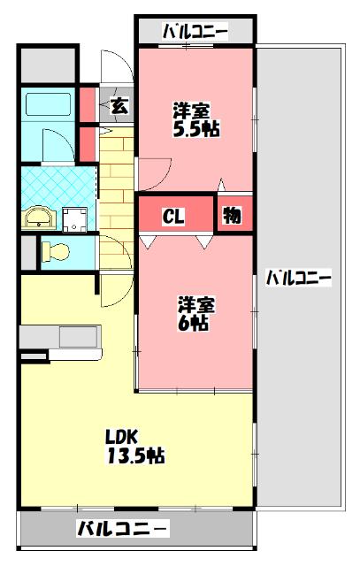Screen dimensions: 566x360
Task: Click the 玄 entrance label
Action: tap(119, 106)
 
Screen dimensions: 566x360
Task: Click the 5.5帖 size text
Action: tap(196, 129)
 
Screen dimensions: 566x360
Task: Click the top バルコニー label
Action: tap(195, 33)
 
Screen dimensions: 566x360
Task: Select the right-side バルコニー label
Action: tap(299, 278)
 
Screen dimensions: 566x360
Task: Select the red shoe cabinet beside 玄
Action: tap(88, 104)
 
